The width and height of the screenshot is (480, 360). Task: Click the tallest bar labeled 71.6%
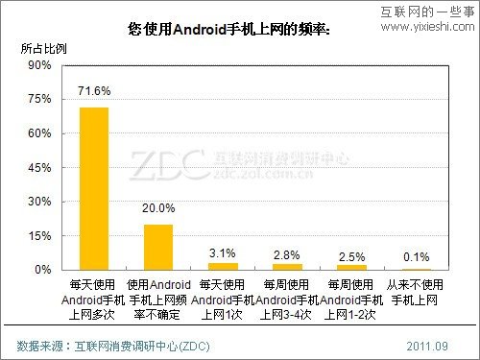pyautogui.click(x=93, y=188)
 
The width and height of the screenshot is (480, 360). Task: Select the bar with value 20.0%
pyautogui.click(x=158, y=247)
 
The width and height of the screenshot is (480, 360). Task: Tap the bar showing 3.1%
pyautogui.click(x=223, y=266)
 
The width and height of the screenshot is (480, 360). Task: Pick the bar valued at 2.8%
pyautogui.click(x=288, y=266)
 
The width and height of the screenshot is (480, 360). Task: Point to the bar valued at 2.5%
pyautogui.click(x=352, y=267)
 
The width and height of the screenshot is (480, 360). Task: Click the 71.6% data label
pyautogui.click(x=94, y=92)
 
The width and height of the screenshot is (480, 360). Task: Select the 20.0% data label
pyautogui.click(x=158, y=207)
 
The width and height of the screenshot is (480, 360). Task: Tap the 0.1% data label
pyautogui.click(x=417, y=255)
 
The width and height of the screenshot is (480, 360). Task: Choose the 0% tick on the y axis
pyautogui.click(x=42, y=270)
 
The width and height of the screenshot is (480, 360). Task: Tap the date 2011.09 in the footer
pyautogui.click(x=427, y=345)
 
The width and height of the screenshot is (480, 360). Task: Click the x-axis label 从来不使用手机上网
pyautogui.click(x=417, y=294)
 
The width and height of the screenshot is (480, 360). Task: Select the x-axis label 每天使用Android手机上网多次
pyautogui.click(x=93, y=300)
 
